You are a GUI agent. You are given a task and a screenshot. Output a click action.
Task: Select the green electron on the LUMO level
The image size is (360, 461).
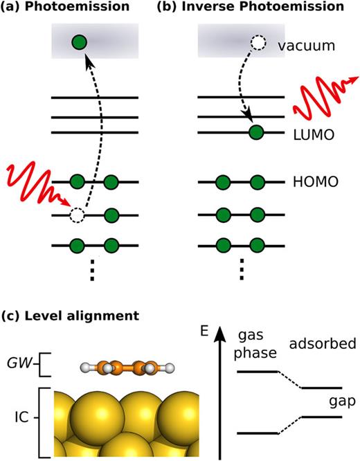[257, 132]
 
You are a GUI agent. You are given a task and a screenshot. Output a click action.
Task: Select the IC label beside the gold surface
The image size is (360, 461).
[22, 419]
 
